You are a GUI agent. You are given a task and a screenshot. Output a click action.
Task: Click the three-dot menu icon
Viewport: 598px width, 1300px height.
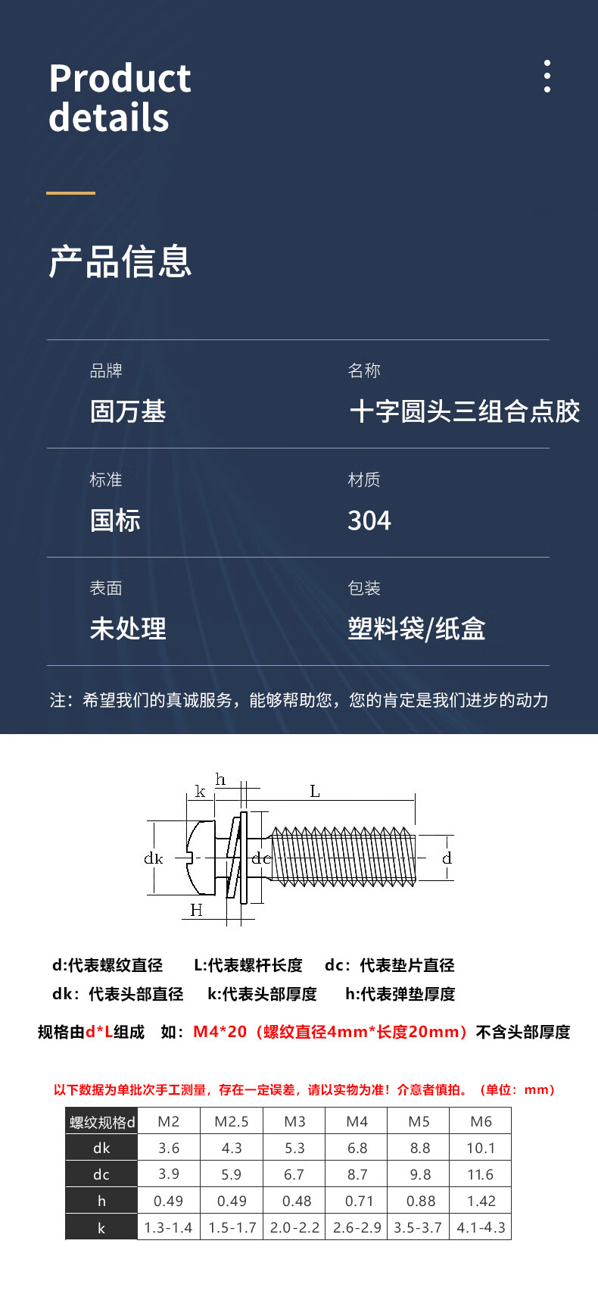click(x=547, y=77)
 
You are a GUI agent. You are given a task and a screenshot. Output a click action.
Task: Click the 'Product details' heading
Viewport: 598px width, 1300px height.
click(x=120, y=98)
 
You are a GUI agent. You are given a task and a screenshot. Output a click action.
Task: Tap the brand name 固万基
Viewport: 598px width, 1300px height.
click(x=128, y=411)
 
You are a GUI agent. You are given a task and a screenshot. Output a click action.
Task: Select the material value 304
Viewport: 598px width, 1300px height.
click(x=369, y=520)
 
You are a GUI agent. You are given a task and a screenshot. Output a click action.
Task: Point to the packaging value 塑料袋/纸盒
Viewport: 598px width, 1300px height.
click(x=416, y=629)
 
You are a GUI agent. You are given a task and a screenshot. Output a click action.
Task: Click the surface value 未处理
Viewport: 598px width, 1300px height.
click(x=128, y=629)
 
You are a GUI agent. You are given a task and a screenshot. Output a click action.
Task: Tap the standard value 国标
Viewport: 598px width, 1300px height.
click(x=115, y=520)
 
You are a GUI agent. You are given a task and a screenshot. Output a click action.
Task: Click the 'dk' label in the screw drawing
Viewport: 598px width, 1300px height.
click(x=153, y=858)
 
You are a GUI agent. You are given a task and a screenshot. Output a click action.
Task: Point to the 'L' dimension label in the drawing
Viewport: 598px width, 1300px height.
click(x=315, y=792)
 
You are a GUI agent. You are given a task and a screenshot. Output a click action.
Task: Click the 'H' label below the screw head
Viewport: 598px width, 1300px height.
click(x=196, y=910)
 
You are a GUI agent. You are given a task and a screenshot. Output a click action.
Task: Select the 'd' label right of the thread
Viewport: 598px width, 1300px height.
click(x=447, y=858)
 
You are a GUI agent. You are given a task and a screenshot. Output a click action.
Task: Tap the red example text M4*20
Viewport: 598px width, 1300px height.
click(x=220, y=1032)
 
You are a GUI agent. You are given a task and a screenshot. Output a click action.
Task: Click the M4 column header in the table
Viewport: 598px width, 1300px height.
click(x=357, y=1121)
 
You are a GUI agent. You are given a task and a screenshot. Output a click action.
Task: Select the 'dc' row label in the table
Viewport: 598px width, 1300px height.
click(x=101, y=1174)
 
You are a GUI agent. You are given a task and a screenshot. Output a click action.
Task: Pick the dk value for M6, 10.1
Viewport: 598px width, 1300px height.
click(x=481, y=1148)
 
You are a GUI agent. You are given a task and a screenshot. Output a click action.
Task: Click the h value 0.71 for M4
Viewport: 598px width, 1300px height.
click(x=357, y=1201)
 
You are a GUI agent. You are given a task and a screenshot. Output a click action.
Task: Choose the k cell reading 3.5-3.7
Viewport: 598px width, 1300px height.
click(x=418, y=1227)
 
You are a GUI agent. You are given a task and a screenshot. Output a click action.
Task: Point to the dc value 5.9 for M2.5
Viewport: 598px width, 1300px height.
click(x=232, y=1174)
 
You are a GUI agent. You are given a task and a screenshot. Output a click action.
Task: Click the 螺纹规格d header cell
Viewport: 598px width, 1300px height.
click(x=102, y=1122)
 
